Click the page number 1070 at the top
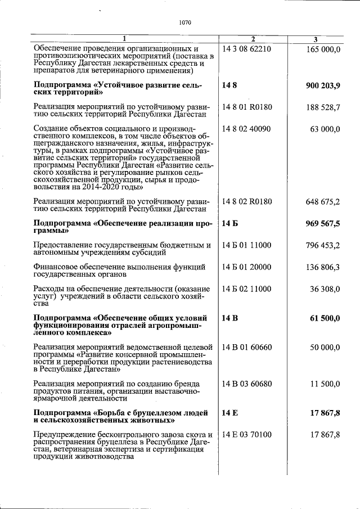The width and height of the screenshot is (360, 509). pyautogui.click(x=185, y=23)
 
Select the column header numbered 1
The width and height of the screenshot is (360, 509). pyautogui.click(x=124, y=39)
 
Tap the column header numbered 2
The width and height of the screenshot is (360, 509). pyautogui.click(x=253, y=39)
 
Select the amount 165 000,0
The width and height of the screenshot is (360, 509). pyautogui.click(x=323, y=49)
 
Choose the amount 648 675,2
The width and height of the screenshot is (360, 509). pyautogui.click(x=323, y=201)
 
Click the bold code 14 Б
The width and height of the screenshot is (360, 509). pyautogui.click(x=230, y=223)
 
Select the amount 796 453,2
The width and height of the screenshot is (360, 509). pyautogui.click(x=323, y=245)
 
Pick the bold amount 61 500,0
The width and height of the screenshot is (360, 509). pyautogui.click(x=325, y=318)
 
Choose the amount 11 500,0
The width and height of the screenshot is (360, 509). pyautogui.click(x=325, y=384)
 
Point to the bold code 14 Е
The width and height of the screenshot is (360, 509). pyautogui.click(x=230, y=413)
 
